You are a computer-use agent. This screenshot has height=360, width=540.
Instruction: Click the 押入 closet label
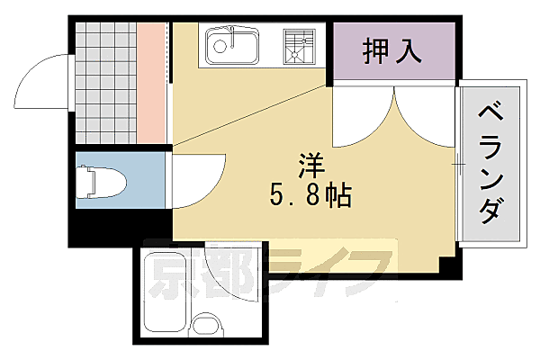[x=392, y=51]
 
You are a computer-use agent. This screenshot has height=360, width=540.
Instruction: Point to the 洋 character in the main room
[x=310, y=165]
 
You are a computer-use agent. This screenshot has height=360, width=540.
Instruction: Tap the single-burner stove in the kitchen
[x=299, y=45]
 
